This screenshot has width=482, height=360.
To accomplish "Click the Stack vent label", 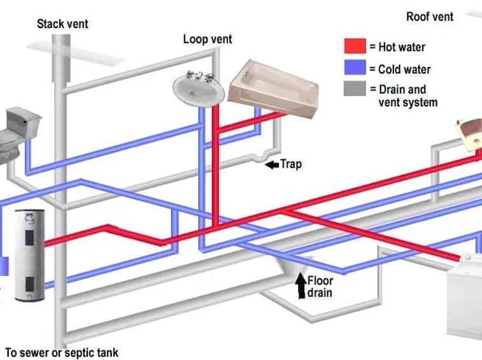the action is point(62,24).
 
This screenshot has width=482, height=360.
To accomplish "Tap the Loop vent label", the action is point(208,40).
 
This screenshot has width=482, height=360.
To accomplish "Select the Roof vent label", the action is point(430,17).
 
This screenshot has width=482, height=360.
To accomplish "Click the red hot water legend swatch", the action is point(355,46).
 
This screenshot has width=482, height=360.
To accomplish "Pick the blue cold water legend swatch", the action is point(355,68).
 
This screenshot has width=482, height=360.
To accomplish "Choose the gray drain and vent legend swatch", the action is point(355,89).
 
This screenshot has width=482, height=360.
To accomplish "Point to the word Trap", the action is point(291,164).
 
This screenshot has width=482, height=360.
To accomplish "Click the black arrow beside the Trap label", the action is point(272,165).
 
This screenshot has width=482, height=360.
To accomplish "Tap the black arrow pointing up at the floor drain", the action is point(301,285).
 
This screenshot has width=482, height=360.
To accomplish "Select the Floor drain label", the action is point(320,287).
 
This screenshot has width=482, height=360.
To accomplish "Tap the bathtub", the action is point(273,88).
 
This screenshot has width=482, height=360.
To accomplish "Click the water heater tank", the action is point(30,256).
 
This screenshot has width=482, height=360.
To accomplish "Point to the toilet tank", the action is point(24,122).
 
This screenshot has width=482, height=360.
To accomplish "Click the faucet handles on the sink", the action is point(199,76).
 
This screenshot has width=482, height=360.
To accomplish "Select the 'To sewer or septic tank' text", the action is point(62,352).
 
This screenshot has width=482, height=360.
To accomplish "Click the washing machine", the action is point(464,296).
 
